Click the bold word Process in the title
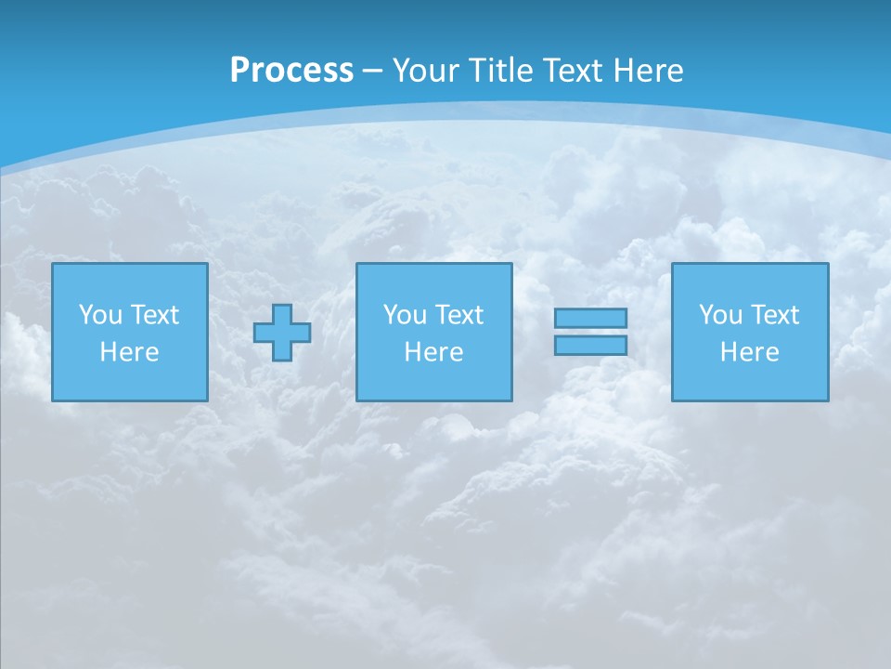click(x=291, y=71)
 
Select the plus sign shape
click(x=282, y=333)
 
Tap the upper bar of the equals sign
click(x=590, y=319)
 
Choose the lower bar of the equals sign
click(x=590, y=346)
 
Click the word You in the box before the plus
click(x=100, y=315)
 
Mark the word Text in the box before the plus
click(x=154, y=315)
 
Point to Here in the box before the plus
click(x=129, y=352)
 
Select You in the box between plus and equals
click(x=405, y=315)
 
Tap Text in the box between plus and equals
click(x=458, y=315)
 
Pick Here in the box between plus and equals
click(x=433, y=352)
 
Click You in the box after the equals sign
click(x=720, y=315)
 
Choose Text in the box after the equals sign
click(x=774, y=315)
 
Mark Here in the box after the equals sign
click(x=749, y=352)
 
